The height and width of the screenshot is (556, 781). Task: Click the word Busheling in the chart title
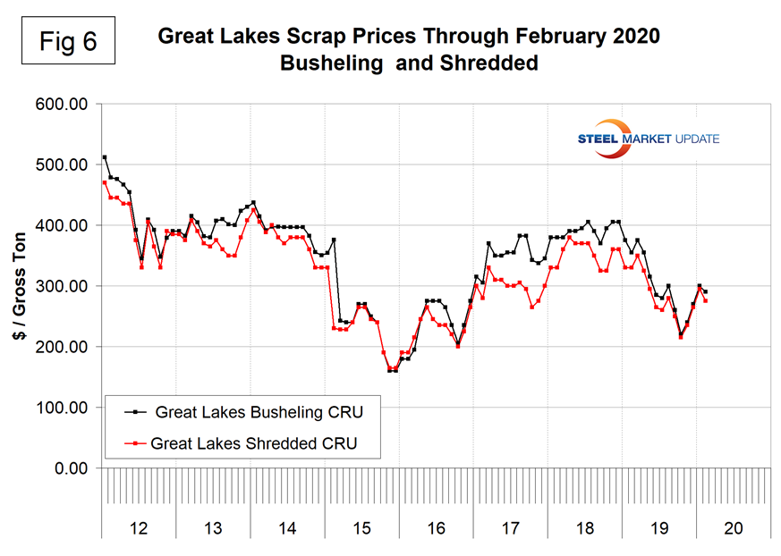(326, 64)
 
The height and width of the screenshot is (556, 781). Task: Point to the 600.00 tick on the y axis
(62, 105)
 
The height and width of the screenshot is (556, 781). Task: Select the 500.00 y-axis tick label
(62, 165)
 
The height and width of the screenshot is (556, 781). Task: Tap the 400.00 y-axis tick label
(62, 226)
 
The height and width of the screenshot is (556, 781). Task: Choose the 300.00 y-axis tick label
(62, 287)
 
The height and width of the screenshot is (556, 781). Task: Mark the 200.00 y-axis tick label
(62, 347)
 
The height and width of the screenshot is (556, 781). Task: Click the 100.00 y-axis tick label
(62, 408)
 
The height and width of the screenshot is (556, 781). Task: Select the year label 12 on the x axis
(139, 529)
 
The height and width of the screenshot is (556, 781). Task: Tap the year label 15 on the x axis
(361, 529)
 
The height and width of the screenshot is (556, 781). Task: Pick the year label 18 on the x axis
(584, 529)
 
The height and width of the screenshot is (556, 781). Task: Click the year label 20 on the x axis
(733, 529)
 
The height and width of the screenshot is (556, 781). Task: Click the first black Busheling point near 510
(105, 157)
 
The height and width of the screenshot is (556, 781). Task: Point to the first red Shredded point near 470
(105, 182)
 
